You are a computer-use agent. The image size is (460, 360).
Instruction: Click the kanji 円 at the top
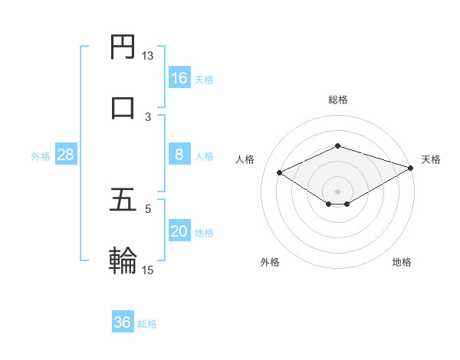(x=123, y=48)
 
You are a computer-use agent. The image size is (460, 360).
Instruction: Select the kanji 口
(x=123, y=108)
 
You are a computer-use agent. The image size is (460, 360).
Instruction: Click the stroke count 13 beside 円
(x=148, y=56)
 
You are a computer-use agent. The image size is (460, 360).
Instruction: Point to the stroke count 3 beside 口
(x=148, y=116)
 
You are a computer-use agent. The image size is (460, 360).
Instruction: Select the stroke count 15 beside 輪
(x=148, y=270)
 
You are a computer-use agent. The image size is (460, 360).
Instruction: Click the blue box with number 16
(x=179, y=77)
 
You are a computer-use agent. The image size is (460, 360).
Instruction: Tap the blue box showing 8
(x=179, y=155)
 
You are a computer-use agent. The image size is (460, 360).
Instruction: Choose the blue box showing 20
(x=179, y=231)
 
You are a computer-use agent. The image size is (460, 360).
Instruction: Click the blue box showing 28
(x=65, y=155)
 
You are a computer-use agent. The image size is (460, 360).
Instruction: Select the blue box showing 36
(x=123, y=322)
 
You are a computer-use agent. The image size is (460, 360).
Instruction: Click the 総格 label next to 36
(x=147, y=324)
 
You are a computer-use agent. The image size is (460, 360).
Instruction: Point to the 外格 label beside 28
(x=41, y=156)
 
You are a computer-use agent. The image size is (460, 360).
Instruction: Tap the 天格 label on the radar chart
(x=431, y=159)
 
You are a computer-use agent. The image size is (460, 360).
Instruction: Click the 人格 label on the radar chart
(x=245, y=159)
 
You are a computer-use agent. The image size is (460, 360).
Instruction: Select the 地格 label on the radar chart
(x=402, y=262)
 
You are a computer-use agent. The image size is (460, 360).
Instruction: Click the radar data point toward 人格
(x=280, y=172)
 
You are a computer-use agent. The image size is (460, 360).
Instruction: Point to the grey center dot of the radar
(x=337, y=191)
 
